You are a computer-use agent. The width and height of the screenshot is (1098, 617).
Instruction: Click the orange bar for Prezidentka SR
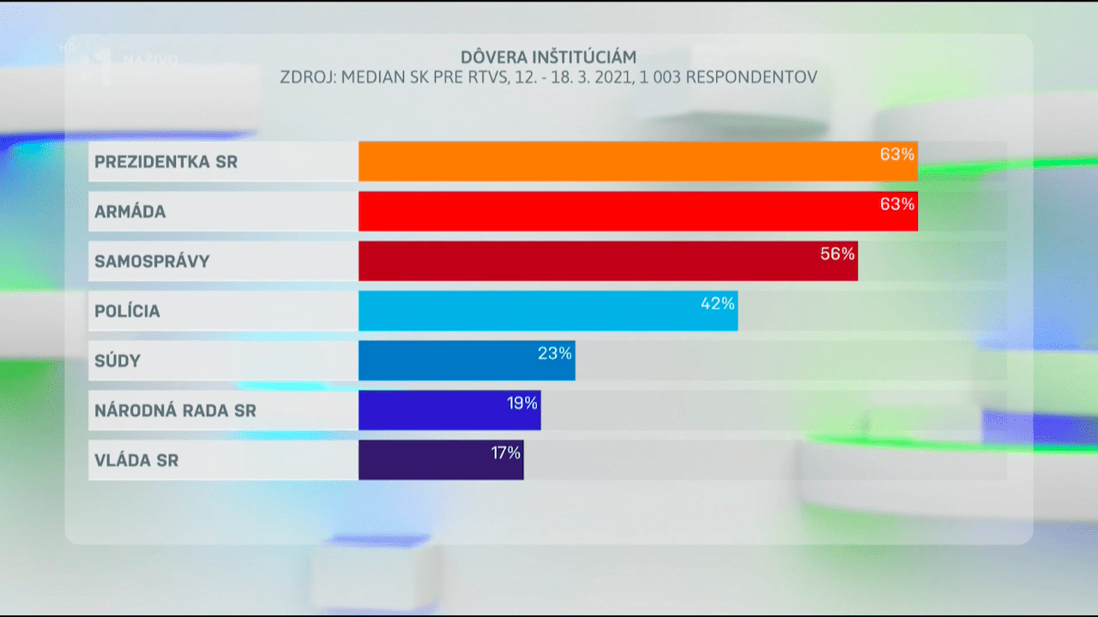[618, 161]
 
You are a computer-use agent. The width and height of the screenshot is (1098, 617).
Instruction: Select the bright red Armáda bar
[618, 211]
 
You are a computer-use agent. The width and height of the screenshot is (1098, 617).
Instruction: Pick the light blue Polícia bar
[532, 310]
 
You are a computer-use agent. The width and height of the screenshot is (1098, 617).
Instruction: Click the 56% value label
[837, 254]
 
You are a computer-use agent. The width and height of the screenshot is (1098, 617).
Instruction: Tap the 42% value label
[717, 303]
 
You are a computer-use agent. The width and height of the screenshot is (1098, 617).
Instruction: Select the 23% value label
[554, 353]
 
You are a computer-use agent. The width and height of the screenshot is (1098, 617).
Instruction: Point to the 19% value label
[521, 403]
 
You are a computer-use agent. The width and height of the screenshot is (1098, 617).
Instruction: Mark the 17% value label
[505, 452]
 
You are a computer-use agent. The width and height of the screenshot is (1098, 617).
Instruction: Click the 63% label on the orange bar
[897, 155]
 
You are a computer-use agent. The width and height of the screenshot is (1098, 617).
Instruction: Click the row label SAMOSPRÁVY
[152, 261]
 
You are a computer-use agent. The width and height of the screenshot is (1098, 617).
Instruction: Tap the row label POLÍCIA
[127, 311]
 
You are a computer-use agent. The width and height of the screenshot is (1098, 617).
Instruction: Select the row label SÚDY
[118, 361]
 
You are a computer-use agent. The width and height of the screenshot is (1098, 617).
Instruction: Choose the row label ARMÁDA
[130, 212]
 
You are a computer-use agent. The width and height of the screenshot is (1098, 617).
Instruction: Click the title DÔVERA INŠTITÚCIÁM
[548, 57]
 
